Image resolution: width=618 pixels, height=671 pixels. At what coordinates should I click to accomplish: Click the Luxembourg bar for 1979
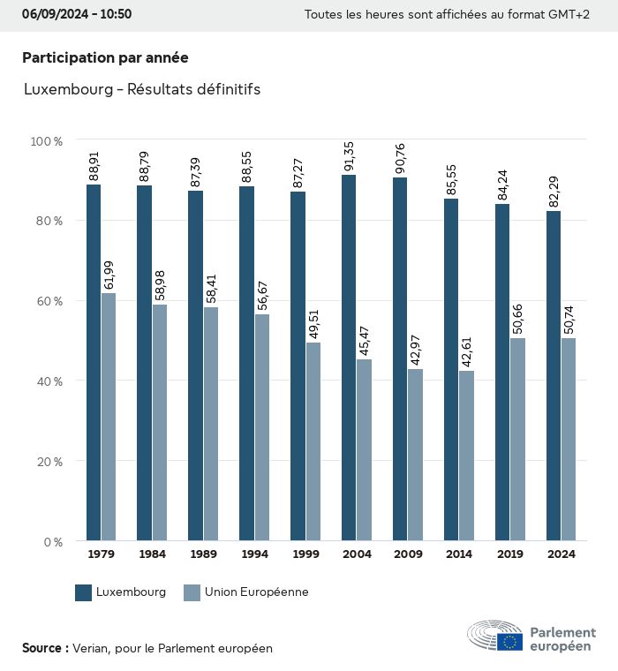click(x=94, y=362)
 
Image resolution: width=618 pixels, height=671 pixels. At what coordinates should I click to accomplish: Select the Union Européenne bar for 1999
click(x=313, y=441)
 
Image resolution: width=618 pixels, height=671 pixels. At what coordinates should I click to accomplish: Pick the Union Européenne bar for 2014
click(x=466, y=456)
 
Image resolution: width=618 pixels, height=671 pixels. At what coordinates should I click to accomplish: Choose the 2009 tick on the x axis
click(x=407, y=554)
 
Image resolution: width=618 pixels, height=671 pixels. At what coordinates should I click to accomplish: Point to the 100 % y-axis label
click(x=46, y=141)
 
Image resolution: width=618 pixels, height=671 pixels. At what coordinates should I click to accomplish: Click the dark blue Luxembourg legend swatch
click(x=84, y=592)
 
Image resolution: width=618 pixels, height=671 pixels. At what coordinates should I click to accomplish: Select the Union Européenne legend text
click(x=256, y=592)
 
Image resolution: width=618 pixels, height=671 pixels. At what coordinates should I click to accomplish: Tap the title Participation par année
click(x=105, y=57)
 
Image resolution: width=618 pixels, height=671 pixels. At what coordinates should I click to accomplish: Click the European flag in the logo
click(x=509, y=642)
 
